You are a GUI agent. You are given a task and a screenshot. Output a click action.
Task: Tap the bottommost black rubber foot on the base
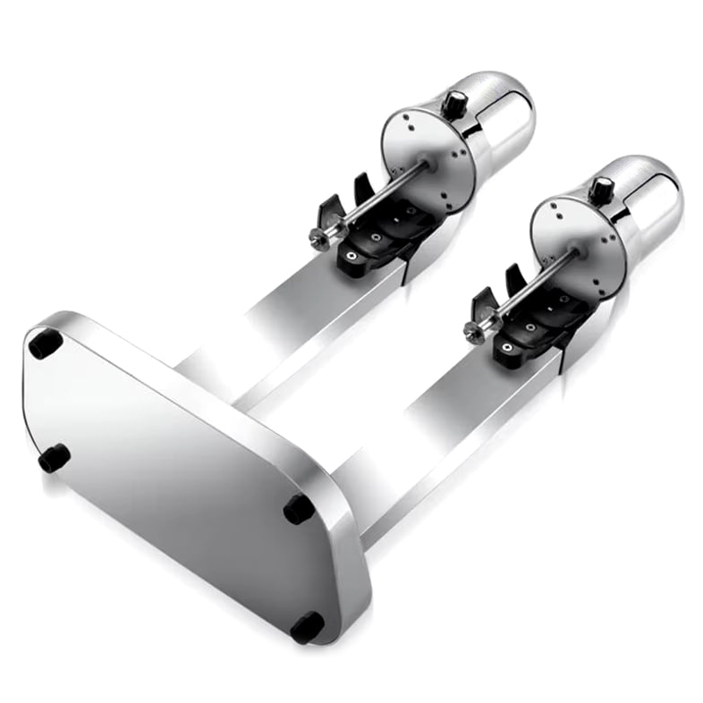pyautogui.click(x=307, y=627)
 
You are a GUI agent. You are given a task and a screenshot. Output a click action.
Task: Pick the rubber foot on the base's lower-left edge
pyautogui.click(x=54, y=458)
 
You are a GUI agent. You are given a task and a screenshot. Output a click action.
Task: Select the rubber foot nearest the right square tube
pyautogui.click(x=300, y=508)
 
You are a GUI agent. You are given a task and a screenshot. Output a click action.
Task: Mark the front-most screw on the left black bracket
pyautogui.click(x=351, y=256)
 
